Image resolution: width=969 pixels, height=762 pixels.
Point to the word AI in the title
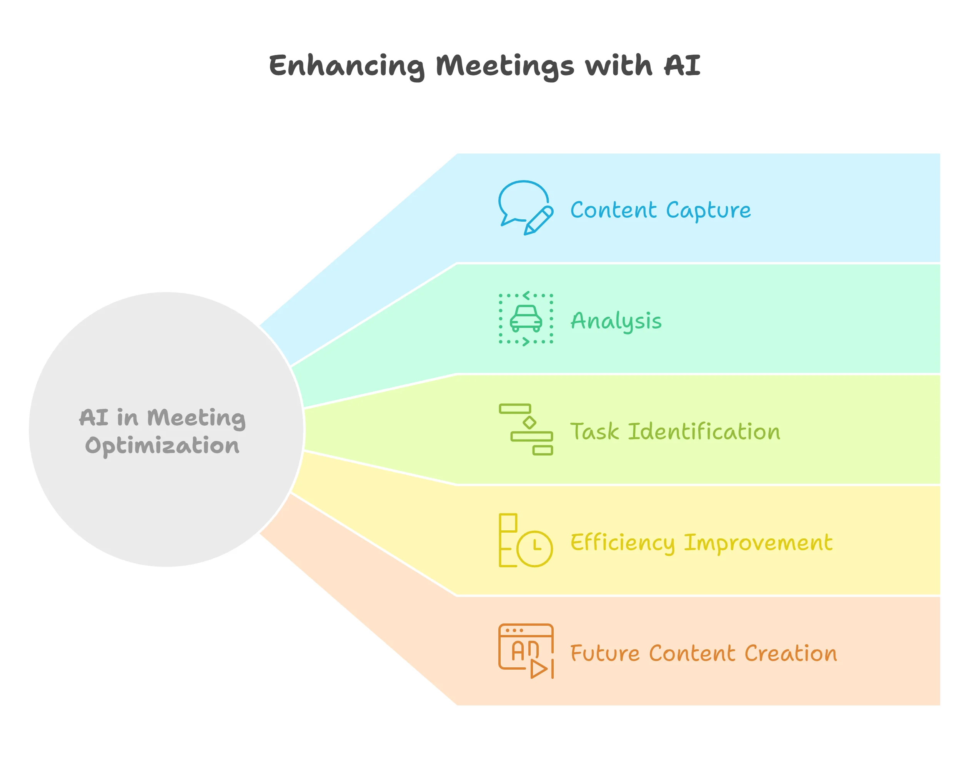point(682,65)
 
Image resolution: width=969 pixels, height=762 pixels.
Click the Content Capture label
point(660,210)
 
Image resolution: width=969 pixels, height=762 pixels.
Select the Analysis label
point(616,321)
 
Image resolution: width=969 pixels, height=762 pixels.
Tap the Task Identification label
point(675,431)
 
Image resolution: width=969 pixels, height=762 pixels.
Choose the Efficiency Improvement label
point(701,543)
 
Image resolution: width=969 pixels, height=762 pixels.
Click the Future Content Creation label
point(703,653)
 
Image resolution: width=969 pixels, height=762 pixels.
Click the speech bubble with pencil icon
point(525,208)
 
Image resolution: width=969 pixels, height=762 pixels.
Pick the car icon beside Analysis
point(526,318)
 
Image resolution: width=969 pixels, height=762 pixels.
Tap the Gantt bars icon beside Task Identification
point(526,429)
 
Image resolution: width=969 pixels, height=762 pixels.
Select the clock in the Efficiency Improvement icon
point(534,548)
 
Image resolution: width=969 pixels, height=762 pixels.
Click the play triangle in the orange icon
point(538,669)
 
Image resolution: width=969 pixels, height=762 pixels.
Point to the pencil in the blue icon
point(538,220)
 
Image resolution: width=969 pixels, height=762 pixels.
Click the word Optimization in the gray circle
point(162,446)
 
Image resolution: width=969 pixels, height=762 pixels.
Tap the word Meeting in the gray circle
point(196,418)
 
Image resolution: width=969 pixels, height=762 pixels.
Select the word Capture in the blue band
point(708,210)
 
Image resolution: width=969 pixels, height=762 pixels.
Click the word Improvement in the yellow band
point(758,543)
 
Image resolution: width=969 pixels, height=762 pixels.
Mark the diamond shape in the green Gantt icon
point(529,422)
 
